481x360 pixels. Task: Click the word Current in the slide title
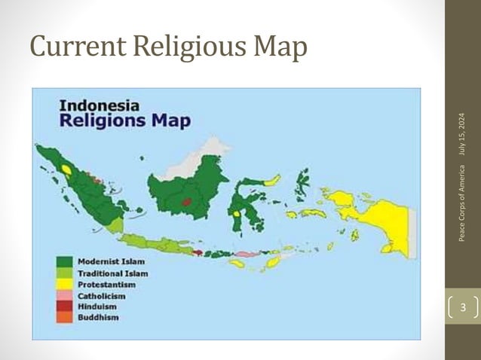pyautogui.click(x=75, y=48)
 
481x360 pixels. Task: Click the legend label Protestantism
pyautogui.click(x=107, y=285)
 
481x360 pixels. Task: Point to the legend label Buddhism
pyautogui.click(x=99, y=317)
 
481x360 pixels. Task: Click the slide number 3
pyautogui.click(x=463, y=307)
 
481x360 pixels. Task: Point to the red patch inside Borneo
pyautogui.click(x=186, y=201)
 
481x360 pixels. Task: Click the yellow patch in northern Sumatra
pyautogui.click(x=67, y=169)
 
